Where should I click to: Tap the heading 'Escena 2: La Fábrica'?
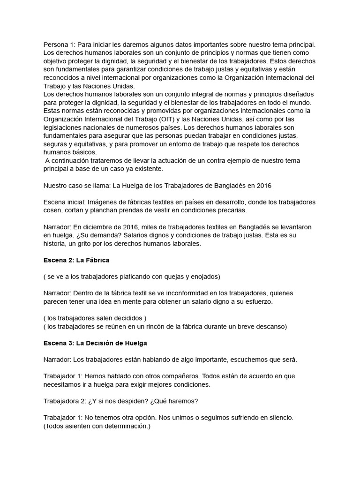pos(76,260)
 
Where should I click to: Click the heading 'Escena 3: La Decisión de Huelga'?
pos(95,343)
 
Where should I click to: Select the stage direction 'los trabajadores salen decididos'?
pos(95,318)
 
